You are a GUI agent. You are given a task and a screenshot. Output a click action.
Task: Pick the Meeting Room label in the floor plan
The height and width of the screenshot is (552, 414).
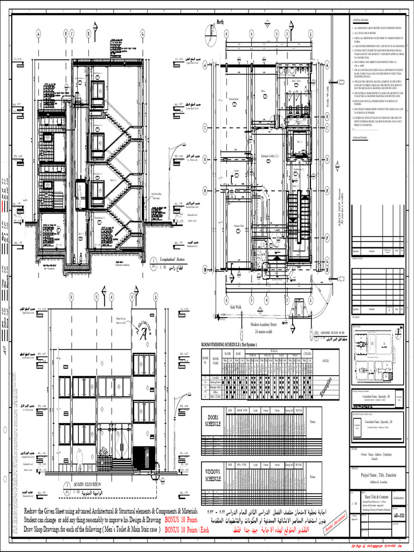(233, 99)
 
